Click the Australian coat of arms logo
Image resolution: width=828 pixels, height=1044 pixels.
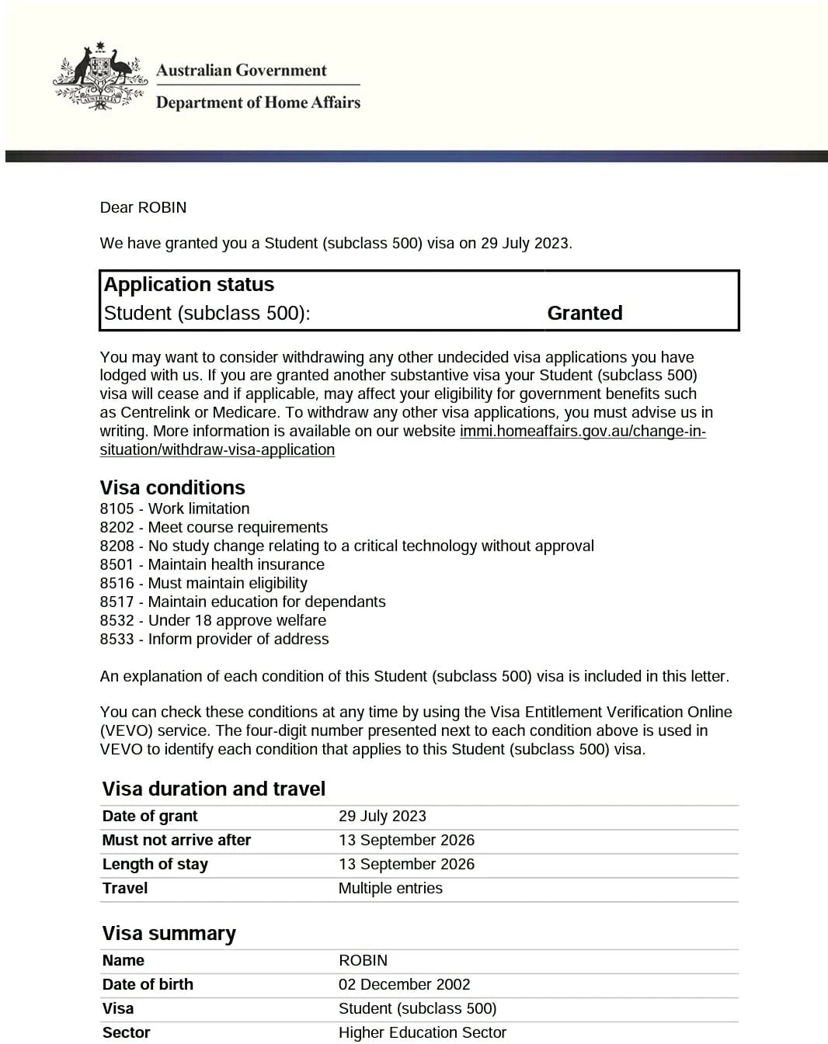(x=99, y=77)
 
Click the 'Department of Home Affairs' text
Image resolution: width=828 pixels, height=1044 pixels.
(x=258, y=102)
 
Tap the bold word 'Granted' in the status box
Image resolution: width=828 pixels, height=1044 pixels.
(x=584, y=313)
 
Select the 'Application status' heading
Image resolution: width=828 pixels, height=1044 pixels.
(x=189, y=284)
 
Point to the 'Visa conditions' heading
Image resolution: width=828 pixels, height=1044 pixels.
(x=172, y=487)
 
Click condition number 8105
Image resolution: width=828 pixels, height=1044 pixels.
(x=117, y=508)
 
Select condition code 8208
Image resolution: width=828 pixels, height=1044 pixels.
(x=117, y=546)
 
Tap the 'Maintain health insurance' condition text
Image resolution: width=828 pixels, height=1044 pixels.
(x=236, y=564)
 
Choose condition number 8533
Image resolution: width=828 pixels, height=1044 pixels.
(x=117, y=639)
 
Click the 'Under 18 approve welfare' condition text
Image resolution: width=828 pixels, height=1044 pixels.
(x=237, y=620)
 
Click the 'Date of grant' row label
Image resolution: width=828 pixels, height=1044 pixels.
(x=150, y=816)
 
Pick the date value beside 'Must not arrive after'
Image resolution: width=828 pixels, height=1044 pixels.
(x=406, y=840)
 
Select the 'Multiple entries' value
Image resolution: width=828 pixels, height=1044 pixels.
(x=390, y=888)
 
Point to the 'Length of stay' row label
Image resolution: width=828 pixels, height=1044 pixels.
(x=155, y=864)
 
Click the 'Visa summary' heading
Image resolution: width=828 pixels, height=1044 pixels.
(x=169, y=933)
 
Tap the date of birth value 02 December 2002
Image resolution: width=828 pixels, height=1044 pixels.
(x=404, y=984)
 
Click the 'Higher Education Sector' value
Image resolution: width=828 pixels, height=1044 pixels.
(x=422, y=1032)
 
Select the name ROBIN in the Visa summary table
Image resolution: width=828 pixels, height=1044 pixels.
(x=363, y=960)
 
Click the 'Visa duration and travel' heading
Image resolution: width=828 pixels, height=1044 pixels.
(x=214, y=789)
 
